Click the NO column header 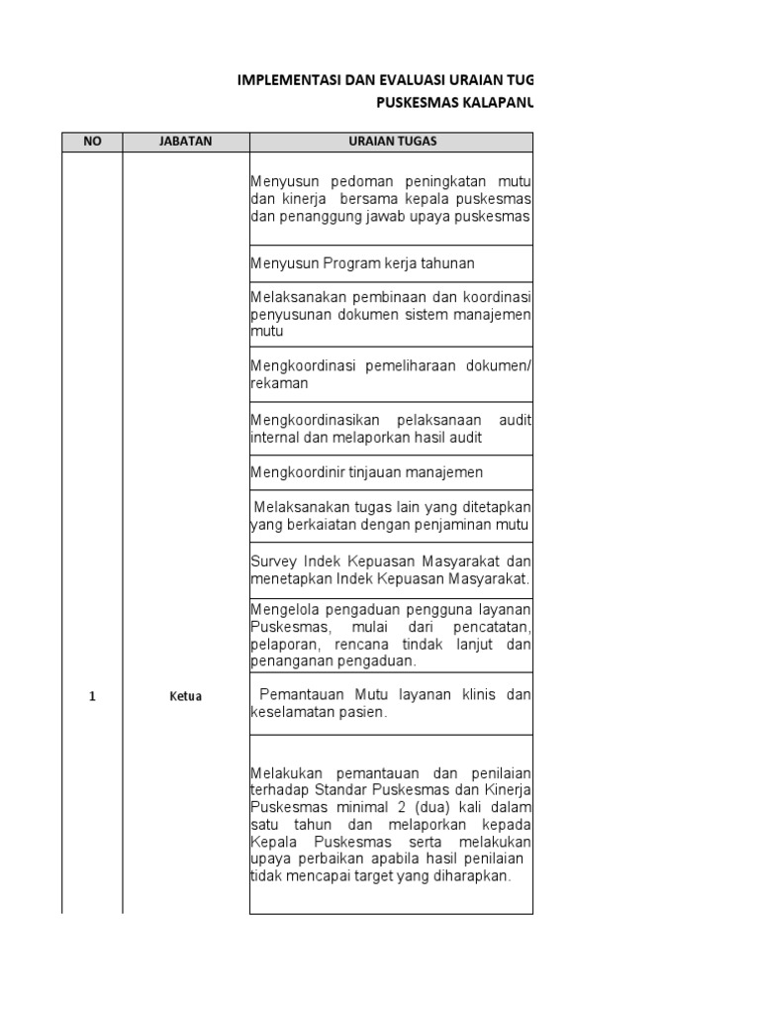click(92, 142)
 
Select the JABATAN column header click(186, 142)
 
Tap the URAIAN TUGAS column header click(392, 142)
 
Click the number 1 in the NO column click(92, 696)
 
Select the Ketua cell click(186, 696)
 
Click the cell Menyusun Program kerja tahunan click(362, 263)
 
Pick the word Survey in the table click(272, 561)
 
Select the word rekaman click(280, 383)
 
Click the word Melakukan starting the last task click(287, 773)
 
